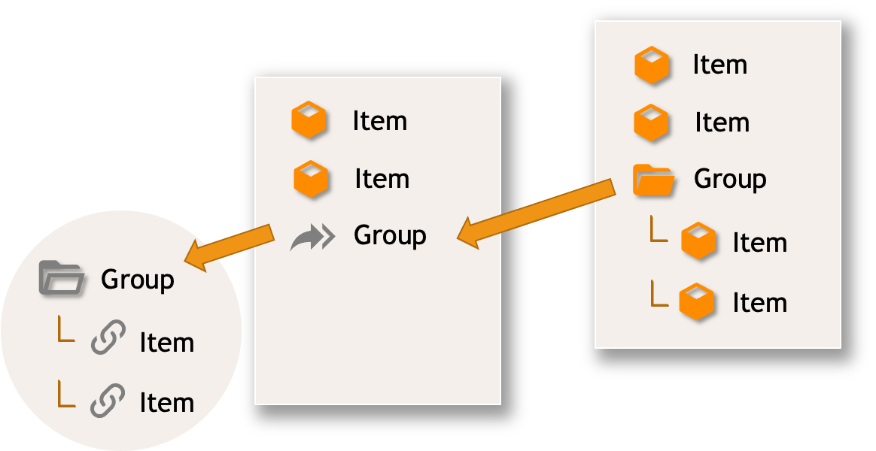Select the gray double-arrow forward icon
tap(312, 237)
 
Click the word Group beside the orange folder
tap(729, 179)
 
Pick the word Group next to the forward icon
tap(390, 236)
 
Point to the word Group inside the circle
tap(138, 280)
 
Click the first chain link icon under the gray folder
tap(108, 340)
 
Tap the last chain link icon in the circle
tap(108, 401)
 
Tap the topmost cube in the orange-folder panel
tap(652, 65)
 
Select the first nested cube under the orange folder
tap(698, 243)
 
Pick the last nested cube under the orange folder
tap(696, 302)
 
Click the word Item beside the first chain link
tap(167, 343)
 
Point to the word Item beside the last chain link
tap(167, 403)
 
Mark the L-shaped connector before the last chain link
tap(66, 395)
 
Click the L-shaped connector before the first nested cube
tap(659, 230)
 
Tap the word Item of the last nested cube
tap(759, 303)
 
